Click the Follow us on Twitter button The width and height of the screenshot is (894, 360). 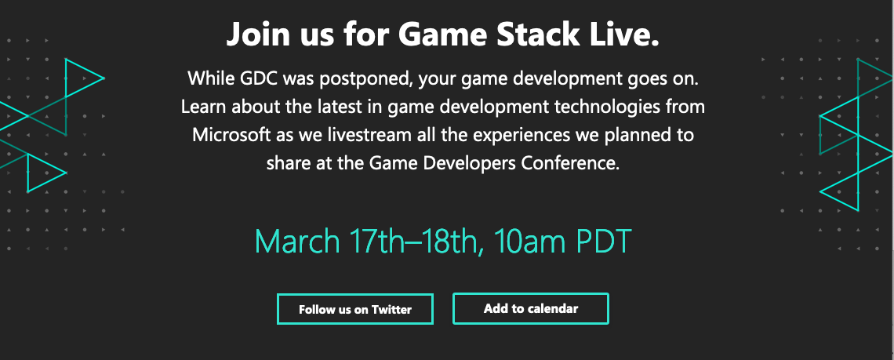[355, 309]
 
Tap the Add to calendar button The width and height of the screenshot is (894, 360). [531, 309]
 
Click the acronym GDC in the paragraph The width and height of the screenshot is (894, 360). [256, 78]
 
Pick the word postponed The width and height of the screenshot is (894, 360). [365, 78]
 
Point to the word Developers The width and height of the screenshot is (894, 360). [470, 164]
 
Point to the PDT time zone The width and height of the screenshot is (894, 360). [605, 242]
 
